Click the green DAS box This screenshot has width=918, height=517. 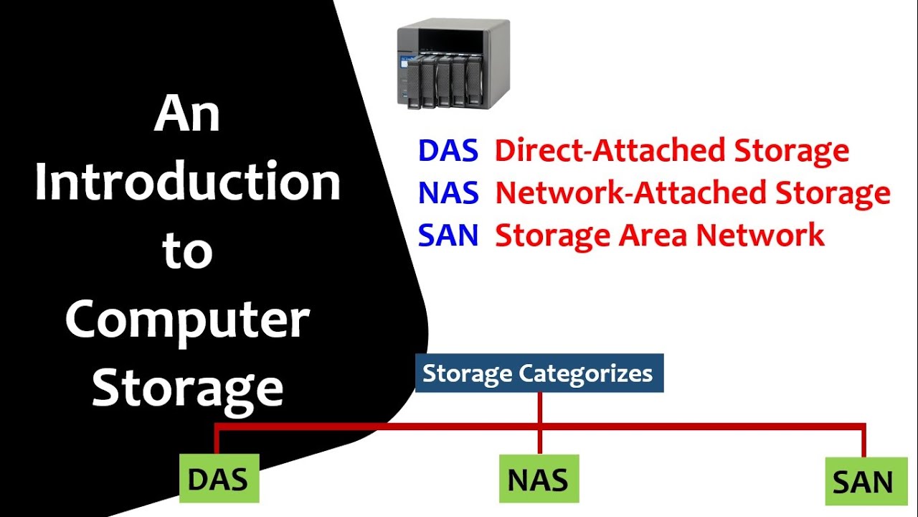coord(218,479)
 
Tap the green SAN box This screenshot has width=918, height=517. coord(863,483)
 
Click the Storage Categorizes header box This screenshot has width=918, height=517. coord(539,373)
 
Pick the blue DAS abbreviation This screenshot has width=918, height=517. coord(448,151)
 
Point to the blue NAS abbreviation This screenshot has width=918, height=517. coord(448,193)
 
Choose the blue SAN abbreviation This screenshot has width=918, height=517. coord(448,235)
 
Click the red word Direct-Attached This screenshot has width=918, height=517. coord(610,151)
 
